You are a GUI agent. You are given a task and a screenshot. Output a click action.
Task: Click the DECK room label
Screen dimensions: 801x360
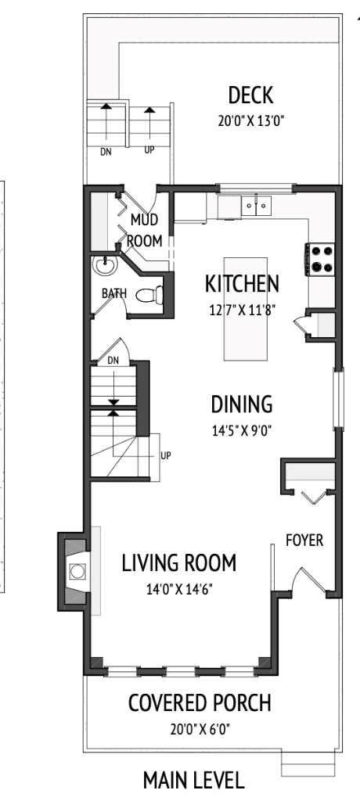coord(250,95)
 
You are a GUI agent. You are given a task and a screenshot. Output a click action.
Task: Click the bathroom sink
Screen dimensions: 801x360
coord(102,266)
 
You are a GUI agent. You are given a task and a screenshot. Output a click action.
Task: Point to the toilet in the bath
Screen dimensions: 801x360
coord(149,296)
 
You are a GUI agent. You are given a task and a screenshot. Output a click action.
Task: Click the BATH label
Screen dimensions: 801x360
coord(113,293)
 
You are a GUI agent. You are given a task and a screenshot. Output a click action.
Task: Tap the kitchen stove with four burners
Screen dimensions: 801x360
coord(322,259)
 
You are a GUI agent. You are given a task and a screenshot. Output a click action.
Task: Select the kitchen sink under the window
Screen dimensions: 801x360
coord(255,206)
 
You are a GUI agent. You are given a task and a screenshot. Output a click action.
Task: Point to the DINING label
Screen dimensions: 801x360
coord(242,404)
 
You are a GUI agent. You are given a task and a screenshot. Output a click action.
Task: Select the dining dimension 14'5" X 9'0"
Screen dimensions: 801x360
coord(242,429)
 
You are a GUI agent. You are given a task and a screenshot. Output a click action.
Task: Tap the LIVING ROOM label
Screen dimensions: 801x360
coord(178,562)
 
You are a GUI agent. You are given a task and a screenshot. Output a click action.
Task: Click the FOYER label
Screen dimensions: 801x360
coord(304,541)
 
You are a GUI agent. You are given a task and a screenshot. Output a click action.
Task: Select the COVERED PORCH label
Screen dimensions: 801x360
coord(200,703)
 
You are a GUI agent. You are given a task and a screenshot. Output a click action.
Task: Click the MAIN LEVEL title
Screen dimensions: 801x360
coord(193,780)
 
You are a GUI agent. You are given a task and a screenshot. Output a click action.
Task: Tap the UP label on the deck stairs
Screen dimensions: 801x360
coord(149,149)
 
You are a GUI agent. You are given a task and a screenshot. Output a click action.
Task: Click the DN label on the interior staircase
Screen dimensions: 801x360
coord(113,361)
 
